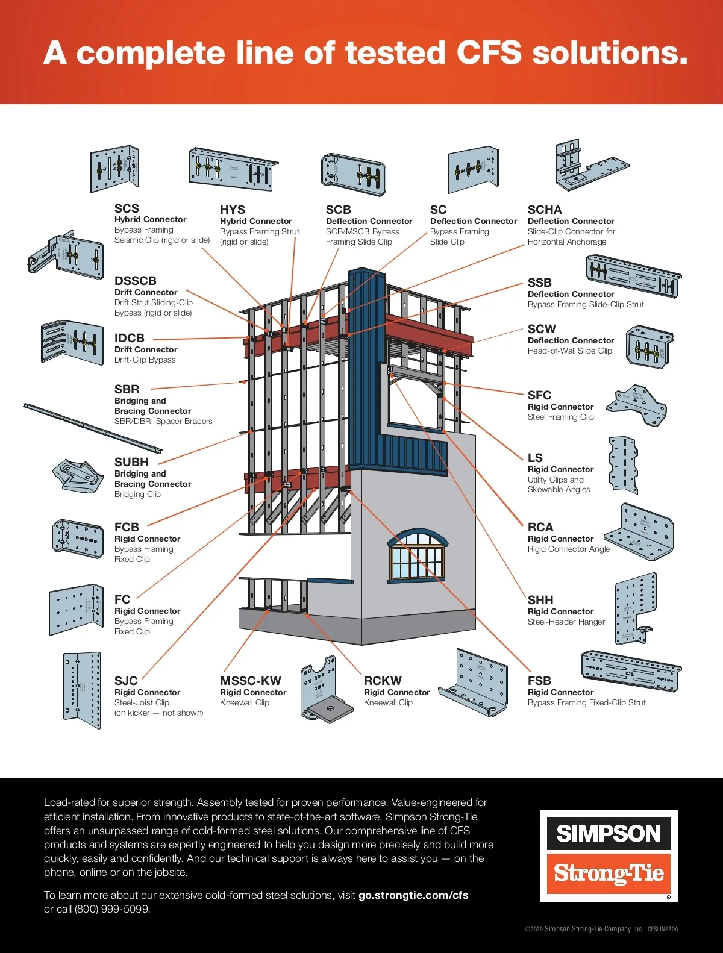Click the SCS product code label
(127, 208)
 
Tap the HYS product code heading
(232, 210)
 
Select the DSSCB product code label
(136, 281)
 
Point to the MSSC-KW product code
(250, 681)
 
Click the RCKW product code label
(383, 681)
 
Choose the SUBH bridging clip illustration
(77, 476)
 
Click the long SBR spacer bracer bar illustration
(93, 428)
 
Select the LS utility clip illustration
(622, 465)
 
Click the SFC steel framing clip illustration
(637, 405)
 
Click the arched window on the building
(416, 555)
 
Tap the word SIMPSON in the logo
(609, 833)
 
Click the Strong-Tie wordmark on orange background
(609, 873)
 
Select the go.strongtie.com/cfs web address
(413, 895)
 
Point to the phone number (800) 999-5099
(111, 909)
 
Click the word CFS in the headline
(489, 53)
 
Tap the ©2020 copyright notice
(584, 929)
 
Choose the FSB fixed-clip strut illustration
(630, 670)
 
